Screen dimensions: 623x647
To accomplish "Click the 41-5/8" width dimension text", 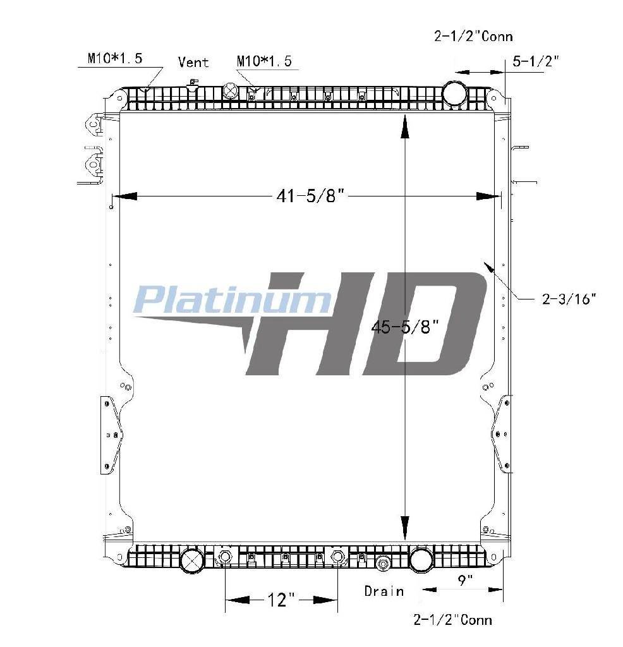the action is tap(310, 196).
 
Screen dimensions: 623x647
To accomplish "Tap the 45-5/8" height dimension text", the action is tap(405, 327).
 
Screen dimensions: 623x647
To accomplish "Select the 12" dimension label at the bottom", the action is tap(282, 600).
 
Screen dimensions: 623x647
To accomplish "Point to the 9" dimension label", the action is tap(465, 580).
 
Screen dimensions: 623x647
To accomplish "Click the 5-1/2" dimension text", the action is tap(536, 61).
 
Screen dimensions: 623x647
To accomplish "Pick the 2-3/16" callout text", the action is tap(569, 299).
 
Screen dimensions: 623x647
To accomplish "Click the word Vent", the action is tap(193, 63).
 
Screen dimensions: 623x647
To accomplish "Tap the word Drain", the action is tap(384, 591).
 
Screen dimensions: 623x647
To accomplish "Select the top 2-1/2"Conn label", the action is tap(473, 36).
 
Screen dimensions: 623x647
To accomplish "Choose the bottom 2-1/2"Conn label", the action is tap(452, 619).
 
